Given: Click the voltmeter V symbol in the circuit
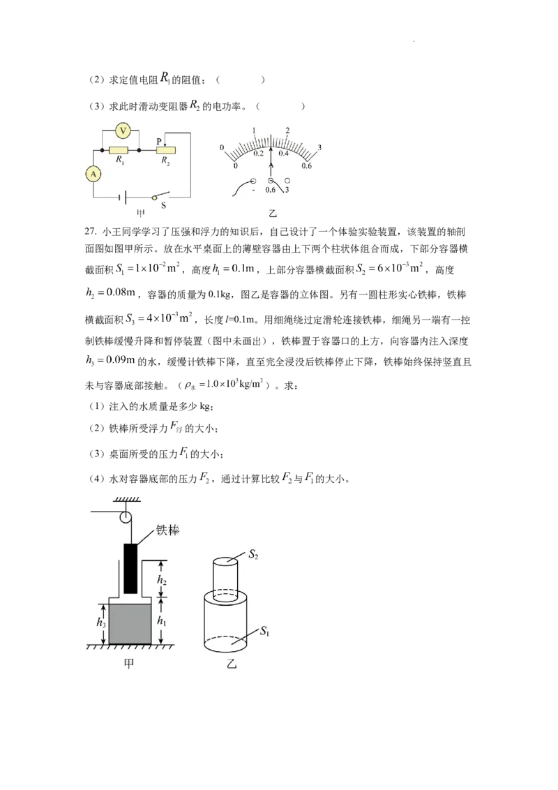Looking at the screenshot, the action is point(122,131).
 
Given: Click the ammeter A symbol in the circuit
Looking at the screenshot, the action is point(93,174).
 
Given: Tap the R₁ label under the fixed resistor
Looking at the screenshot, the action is point(120,160).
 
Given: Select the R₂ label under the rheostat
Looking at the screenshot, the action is point(165,161).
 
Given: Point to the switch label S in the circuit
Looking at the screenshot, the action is point(163,205).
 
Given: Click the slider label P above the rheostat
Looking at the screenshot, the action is point(158,142).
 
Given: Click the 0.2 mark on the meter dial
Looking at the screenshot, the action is point(258,153).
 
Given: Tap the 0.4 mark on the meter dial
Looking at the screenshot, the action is point(283,153).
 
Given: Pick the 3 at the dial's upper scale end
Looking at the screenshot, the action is point(319,148).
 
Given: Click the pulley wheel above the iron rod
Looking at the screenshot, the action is point(125,517).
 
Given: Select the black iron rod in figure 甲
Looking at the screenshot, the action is point(130,568).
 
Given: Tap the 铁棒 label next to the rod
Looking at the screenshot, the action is point(167,530).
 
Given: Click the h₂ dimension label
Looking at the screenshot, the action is point(161,580).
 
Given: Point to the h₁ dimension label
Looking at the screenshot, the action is point(161,620).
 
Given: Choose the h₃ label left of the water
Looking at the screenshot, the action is point(101,623).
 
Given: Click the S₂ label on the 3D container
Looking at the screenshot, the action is point(253,555).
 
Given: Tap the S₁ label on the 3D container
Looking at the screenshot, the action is point(264,631).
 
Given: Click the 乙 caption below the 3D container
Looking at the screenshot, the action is point(231,664).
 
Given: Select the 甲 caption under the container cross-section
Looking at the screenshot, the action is point(129,664).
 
